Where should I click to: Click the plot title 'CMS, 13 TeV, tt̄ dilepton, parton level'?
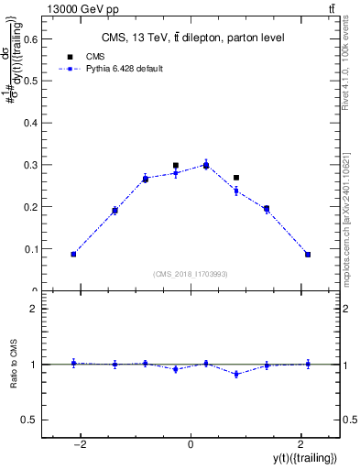tap(192, 38)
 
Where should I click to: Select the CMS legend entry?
tap(96, 56)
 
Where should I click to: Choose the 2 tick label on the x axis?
tap(301, 445)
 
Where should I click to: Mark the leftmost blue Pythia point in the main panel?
tap(73, 254)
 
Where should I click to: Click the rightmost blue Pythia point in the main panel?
tap(308, 255)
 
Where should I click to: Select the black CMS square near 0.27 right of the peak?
tap(236, 178)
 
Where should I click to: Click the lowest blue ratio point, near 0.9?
tap(236, 374)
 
